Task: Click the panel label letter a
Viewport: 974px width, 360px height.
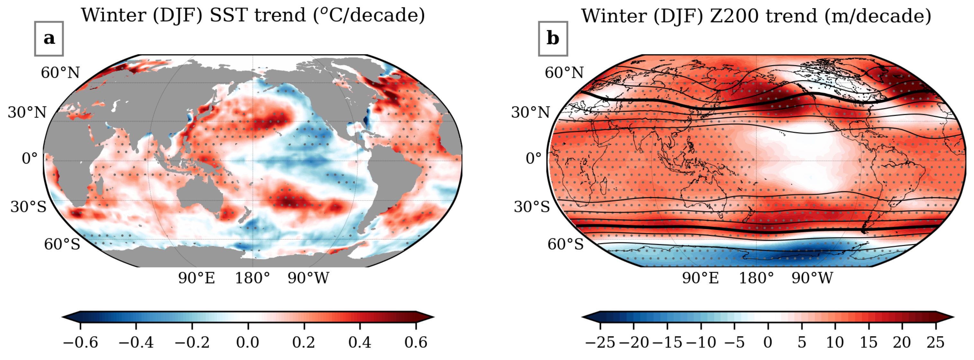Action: [49, 39]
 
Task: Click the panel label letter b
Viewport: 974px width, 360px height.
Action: [553, 39]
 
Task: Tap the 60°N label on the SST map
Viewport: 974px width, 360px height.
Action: [60, 73]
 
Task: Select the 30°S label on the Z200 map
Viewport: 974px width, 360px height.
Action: [532, 206]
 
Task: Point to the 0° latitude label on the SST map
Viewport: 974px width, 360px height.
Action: [30, 158]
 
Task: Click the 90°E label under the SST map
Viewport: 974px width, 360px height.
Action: [197, 278]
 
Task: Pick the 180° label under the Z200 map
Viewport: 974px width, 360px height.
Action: [756, 278]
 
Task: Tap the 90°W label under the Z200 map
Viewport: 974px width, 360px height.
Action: [812, 278]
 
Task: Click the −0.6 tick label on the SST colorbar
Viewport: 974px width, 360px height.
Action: [80, 343]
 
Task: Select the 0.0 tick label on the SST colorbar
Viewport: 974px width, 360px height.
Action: [248, 343]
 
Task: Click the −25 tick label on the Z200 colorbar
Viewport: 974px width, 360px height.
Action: [600, 343]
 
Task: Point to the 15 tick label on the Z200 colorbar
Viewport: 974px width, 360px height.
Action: [869, 343]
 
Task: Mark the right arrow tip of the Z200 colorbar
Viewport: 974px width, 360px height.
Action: [953, 317]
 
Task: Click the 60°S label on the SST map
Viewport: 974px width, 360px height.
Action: [62, 244]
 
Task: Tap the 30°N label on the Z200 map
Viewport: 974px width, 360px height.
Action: [530, 112]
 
